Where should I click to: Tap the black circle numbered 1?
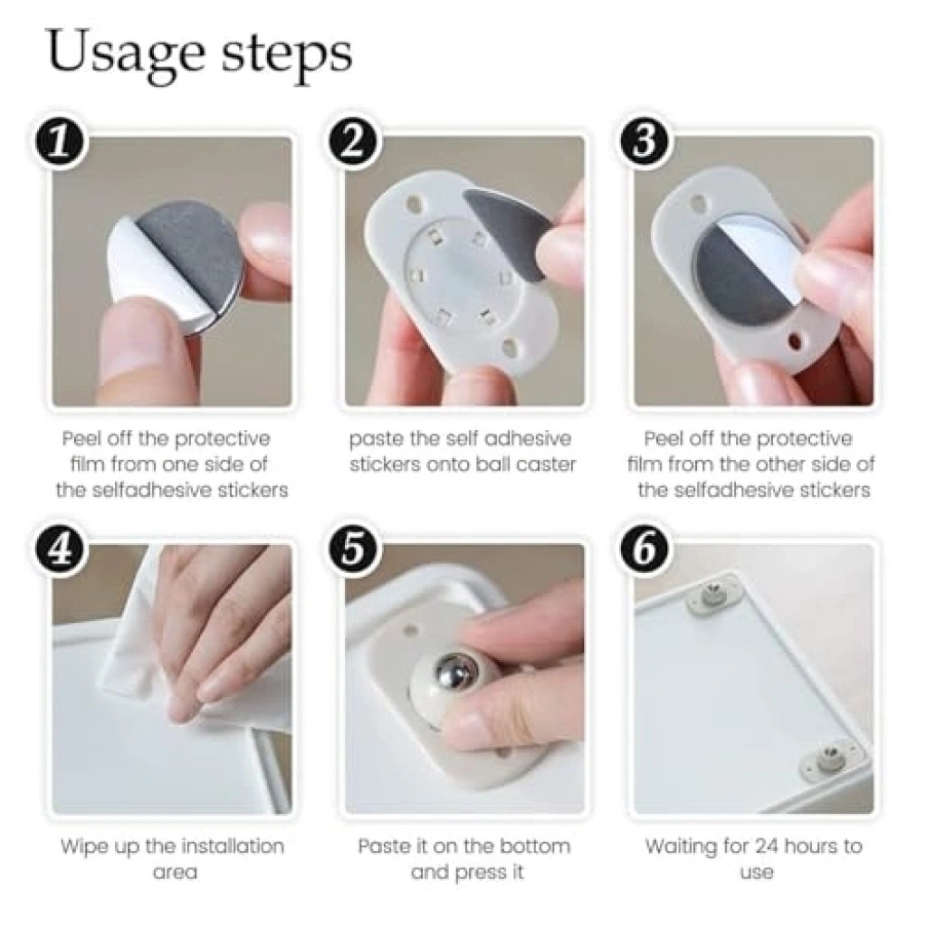(x=59, y=144)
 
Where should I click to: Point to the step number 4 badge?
(x=59, y=551)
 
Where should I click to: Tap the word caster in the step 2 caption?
(x=546, y=464)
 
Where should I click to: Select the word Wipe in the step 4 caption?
(x=82, y=847)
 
